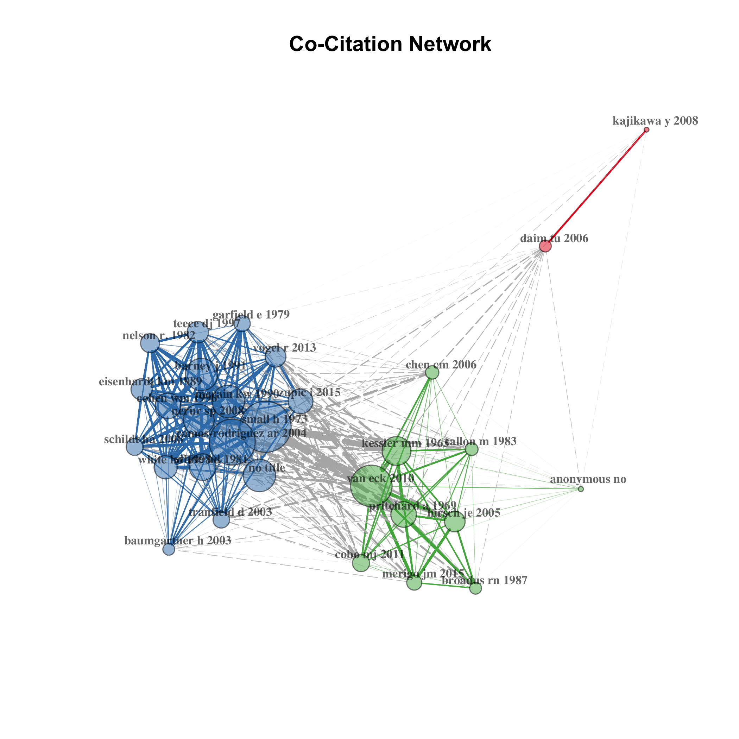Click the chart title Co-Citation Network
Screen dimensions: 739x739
[390, 44]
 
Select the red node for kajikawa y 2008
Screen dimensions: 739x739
[646, 130]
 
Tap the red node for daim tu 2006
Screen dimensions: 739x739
[545, 246]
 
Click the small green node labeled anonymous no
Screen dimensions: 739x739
[581, 489]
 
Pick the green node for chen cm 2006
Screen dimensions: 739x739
[432, 373]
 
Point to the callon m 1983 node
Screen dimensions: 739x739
[472, 449]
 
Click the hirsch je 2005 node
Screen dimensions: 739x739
[455, 522]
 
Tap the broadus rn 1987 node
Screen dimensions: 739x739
[475, 588]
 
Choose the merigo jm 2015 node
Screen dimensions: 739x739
[414, 582]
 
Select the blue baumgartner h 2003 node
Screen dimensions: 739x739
[169, 549]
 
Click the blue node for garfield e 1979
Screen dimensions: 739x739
[242, 324]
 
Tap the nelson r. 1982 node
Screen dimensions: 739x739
[150, 343]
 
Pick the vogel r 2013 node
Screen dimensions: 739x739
[276, 357]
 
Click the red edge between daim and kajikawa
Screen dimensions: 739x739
[596, 188]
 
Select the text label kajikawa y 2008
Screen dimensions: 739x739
[655, 121]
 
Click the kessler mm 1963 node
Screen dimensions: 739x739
[397, 451]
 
